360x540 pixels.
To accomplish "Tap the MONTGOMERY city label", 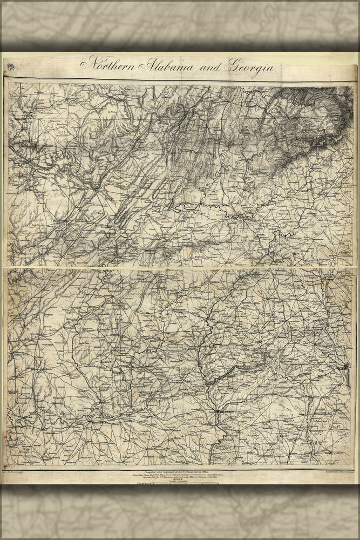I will coord(99,421).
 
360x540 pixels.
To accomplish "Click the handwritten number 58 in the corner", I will coord(11,67).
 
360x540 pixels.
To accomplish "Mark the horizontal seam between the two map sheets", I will coord(180,267).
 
